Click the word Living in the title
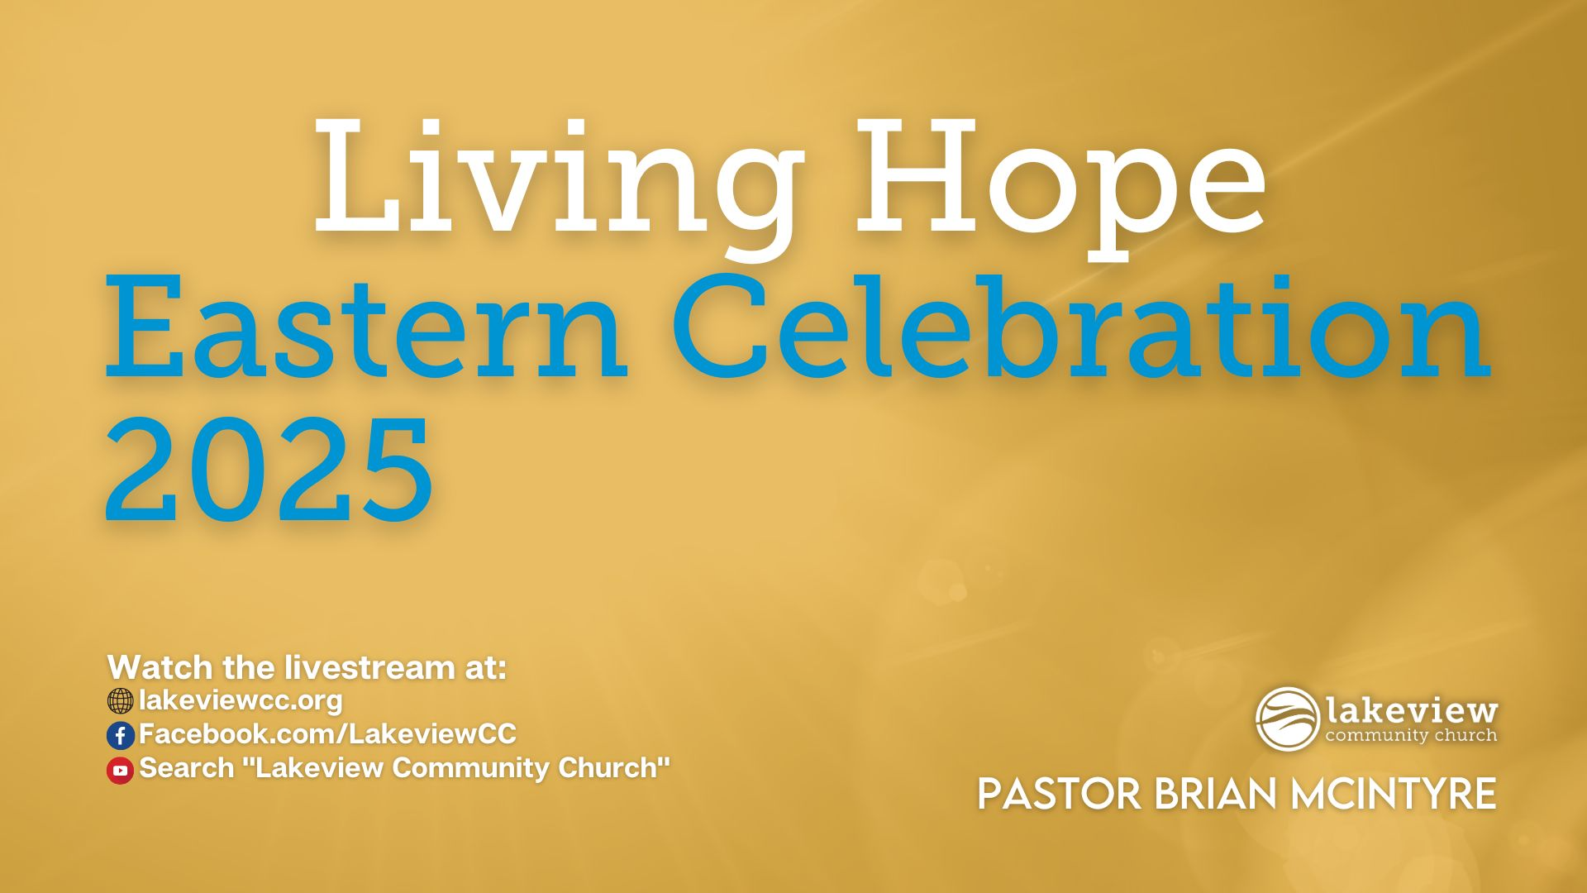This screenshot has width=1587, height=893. [x=556, y=185]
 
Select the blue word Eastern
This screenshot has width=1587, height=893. [x=365, y=328]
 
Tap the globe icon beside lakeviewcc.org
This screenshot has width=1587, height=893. [x=120, y=701]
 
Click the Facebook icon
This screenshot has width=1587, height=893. [x=120, y=735]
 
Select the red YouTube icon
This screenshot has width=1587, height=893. [x=120, y=770]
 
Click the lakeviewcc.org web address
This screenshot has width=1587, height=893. [x=241, y=700]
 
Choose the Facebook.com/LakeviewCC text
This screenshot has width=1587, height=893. [x=327, y=733]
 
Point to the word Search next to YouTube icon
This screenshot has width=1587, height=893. [x=187, y=767]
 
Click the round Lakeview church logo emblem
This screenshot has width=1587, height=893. [x=1288, y=719]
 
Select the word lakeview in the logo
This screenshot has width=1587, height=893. [x=1412, y=711]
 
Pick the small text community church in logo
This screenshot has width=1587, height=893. [x=1411, y=735]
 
